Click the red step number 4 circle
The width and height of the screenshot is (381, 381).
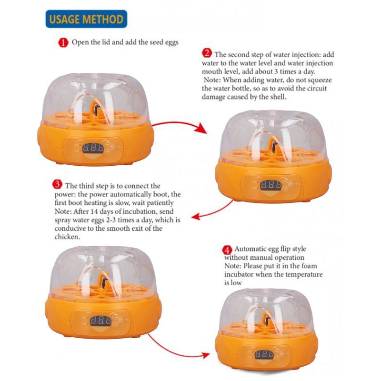click(x=227, y=249)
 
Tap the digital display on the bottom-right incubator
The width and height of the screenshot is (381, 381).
click(x=264, y=355)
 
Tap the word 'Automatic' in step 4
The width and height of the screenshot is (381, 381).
click(x=251, y=249)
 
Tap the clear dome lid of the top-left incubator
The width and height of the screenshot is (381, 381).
click(x=95, y=95)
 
